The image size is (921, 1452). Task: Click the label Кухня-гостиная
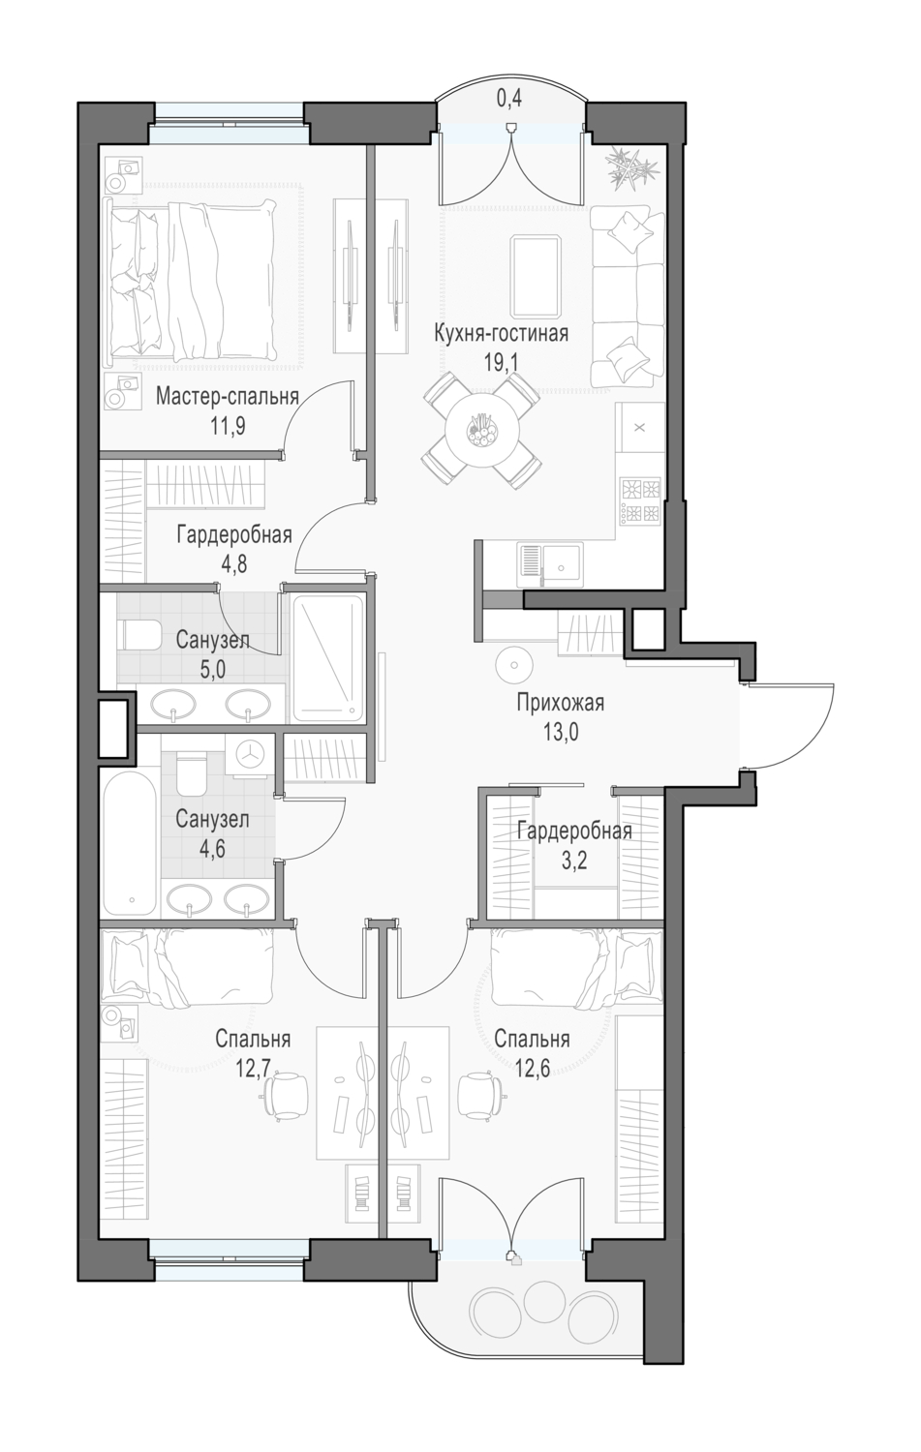[x=501, y=334]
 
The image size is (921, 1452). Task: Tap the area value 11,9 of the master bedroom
[x=227, y=427]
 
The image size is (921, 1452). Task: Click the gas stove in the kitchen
[x=640, y=501]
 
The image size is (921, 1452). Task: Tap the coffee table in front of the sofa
[x=536, y=276]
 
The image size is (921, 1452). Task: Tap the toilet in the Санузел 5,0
[x=140, y=635]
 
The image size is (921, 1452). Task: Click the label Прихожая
[x=561, y=703]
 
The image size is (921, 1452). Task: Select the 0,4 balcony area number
[x=509, y=99]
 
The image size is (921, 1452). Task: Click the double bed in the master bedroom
[x=192, y=280]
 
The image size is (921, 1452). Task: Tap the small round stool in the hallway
[x=514, y=664]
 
